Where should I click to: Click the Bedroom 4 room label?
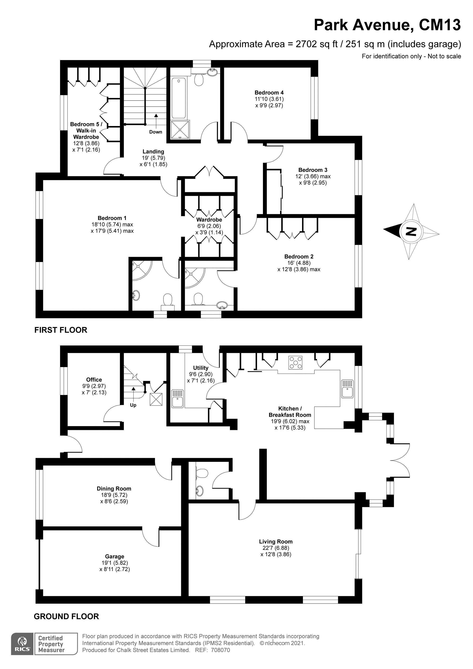pos(269,93)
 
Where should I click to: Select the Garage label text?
pos(114,556)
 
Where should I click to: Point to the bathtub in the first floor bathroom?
pos(178,98)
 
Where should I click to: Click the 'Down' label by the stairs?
pos(156,132)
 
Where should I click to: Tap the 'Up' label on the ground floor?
pos(133,405)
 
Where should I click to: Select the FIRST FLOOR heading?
pos(61,330)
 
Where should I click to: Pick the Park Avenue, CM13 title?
pos(387,25)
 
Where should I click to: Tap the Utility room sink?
pos(177,398)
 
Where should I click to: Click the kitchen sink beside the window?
pos(347,388)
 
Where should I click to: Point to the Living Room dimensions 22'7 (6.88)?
pos(276,548)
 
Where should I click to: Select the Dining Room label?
pos(114,489)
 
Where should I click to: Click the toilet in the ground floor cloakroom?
pos(201,472)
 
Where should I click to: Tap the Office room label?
pos(94,379)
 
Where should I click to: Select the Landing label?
pos(153,152)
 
